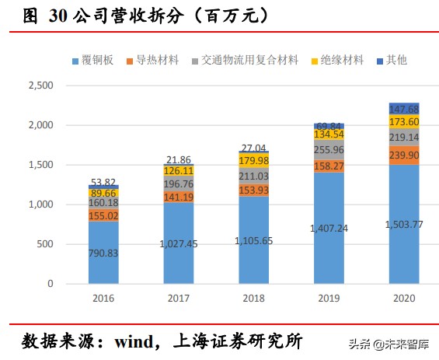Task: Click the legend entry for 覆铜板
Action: (101, 60)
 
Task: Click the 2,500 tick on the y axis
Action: (41, 85)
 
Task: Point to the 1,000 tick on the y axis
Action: (41, 204)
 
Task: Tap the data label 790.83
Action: (103, 253)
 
